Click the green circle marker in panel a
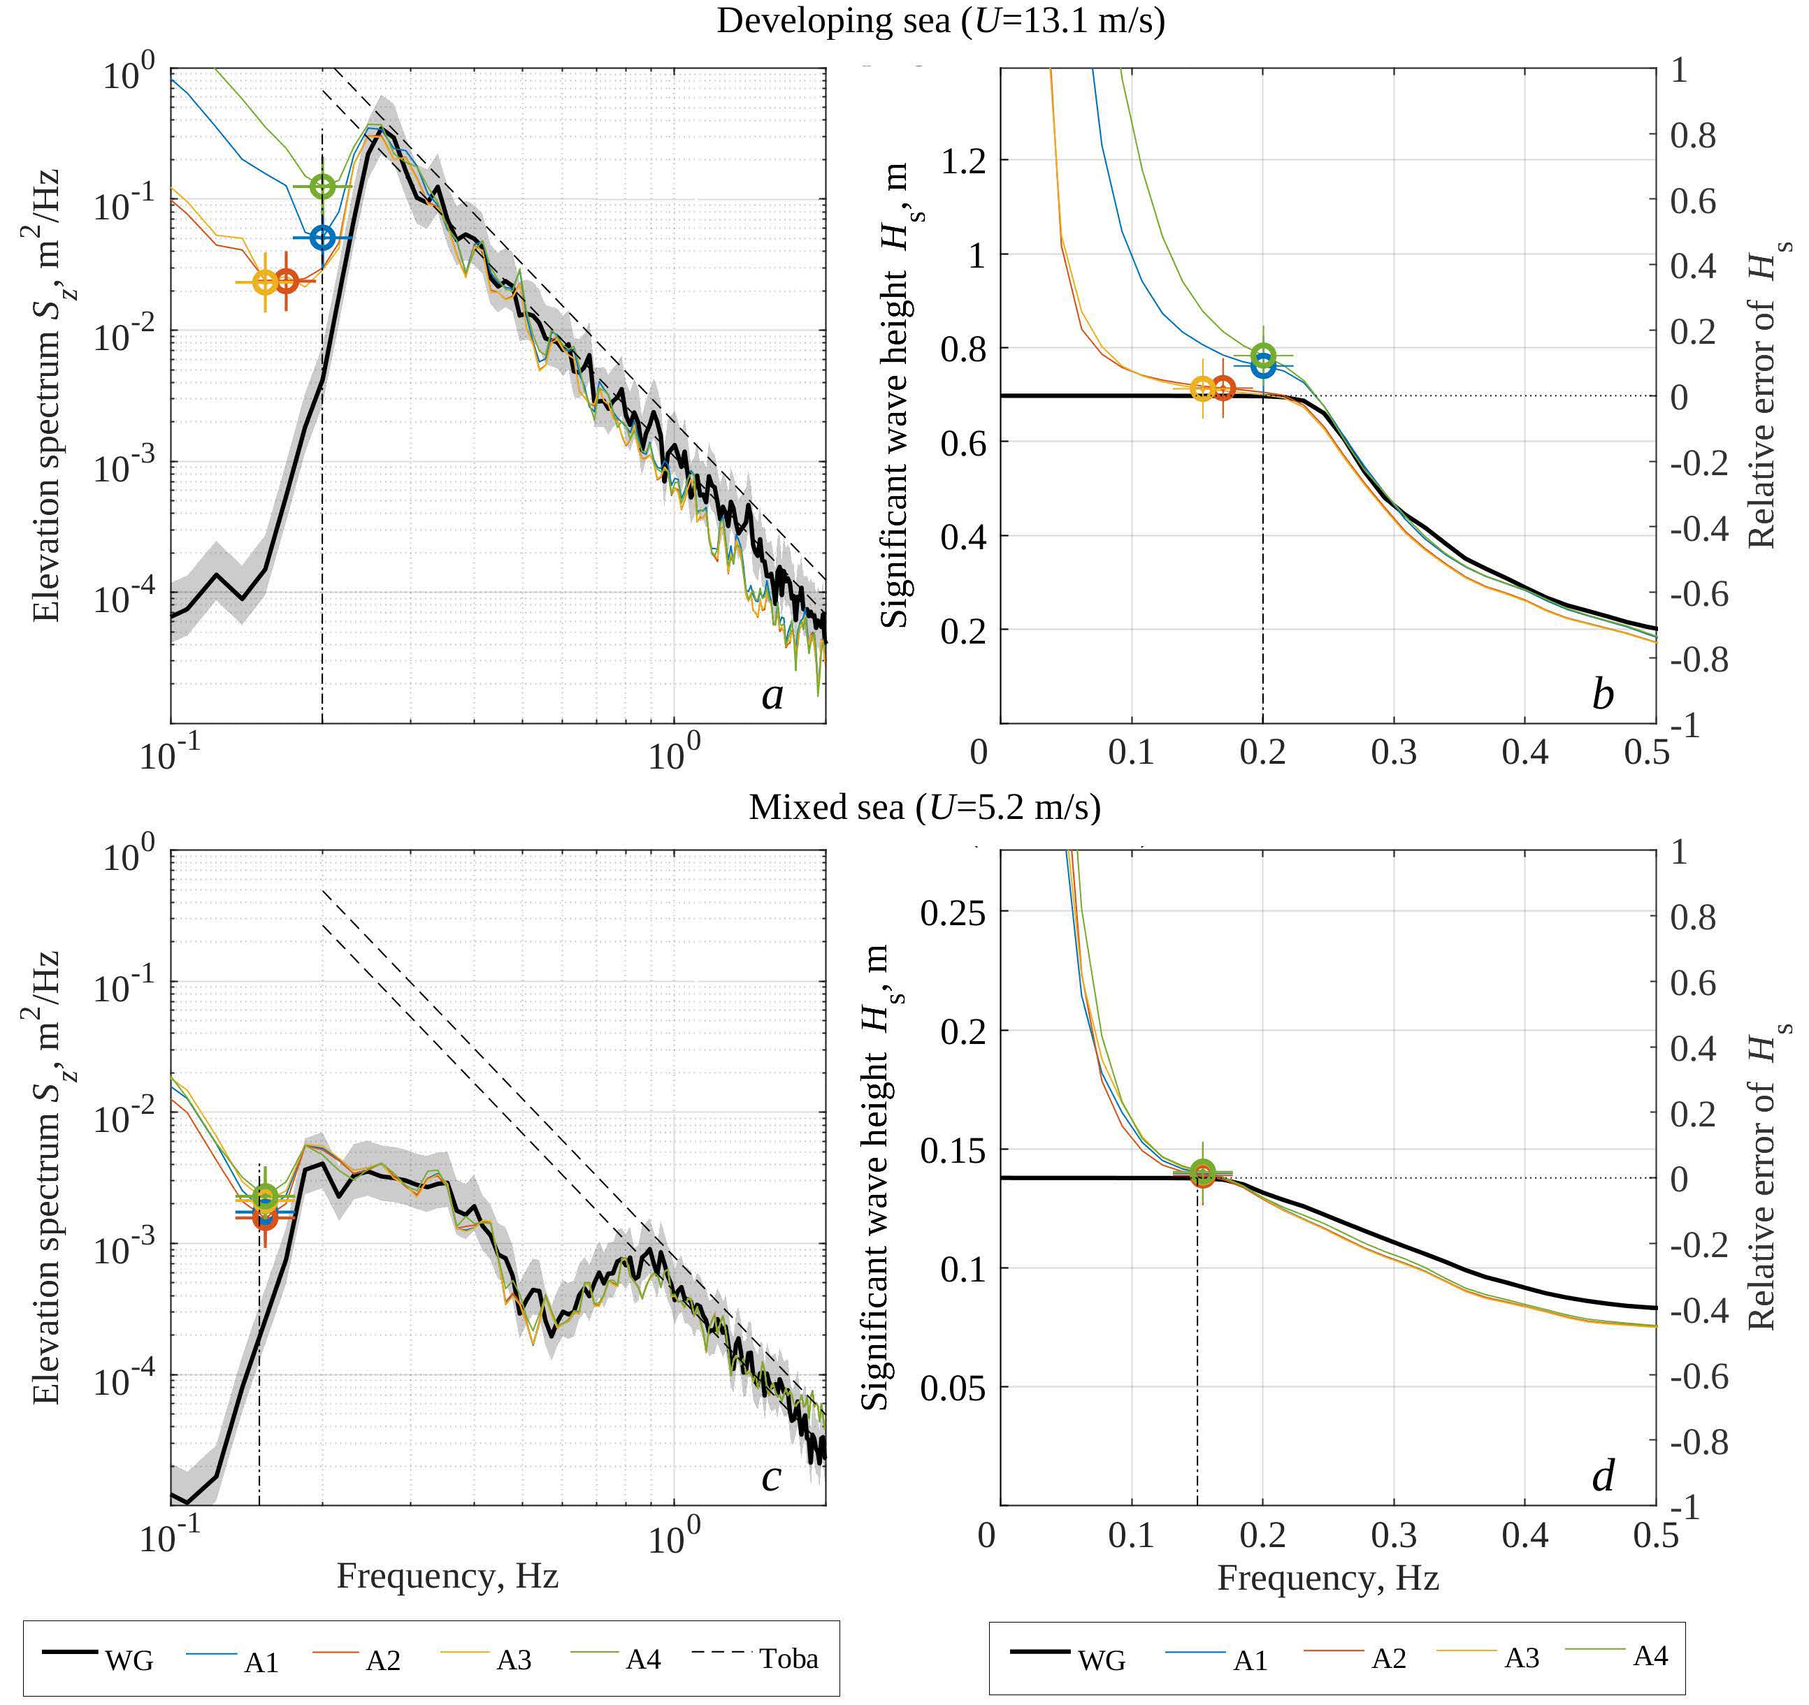point(322,187)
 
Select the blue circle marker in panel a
point(322,238)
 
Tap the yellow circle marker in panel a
point(265,282)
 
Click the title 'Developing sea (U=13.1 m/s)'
point(940,21)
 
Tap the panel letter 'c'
point(771,1477)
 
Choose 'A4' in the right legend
point(1650,1656)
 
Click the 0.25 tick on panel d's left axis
point(952,913)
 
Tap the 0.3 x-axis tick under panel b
point(1393,753)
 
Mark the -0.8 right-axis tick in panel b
point(1698,660)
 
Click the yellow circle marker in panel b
point(1203,389)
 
